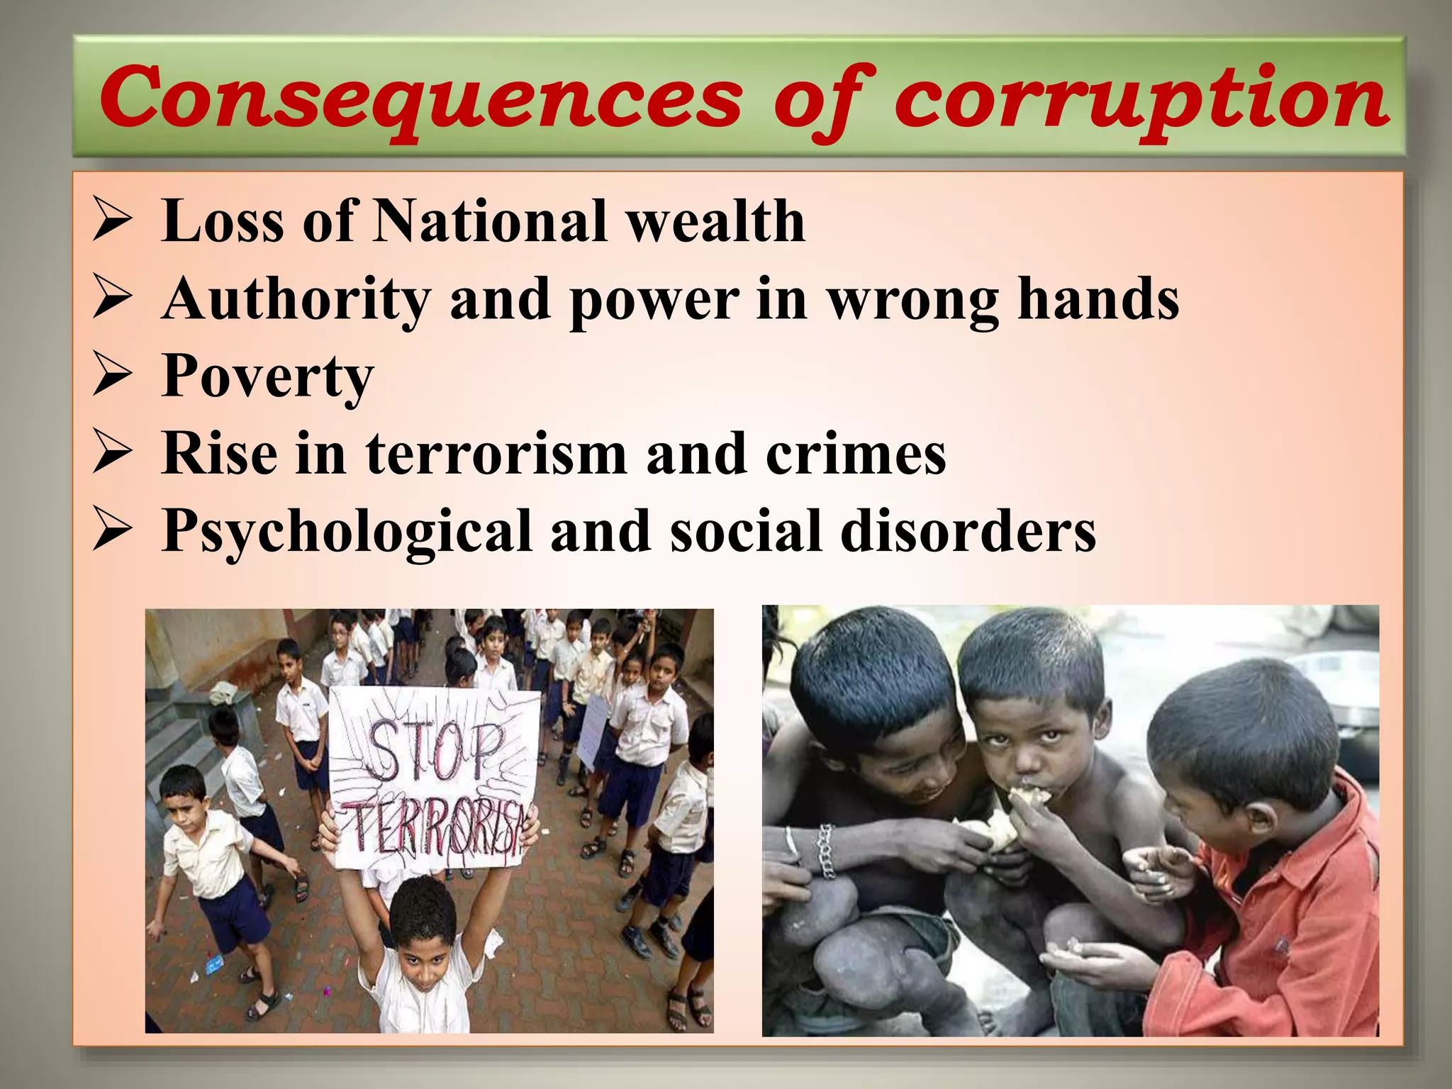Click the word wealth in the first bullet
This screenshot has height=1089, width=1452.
click(x=716, y=221)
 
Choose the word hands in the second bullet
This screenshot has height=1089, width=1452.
click(x=1098, y=299)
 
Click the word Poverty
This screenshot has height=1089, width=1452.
click(x=268, y=377)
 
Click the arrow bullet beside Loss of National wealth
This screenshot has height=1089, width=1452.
click(x=112, y=220)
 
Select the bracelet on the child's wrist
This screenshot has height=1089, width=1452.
click(x=825, y=851)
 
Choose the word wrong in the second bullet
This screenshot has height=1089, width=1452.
click(x=914, y=299)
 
